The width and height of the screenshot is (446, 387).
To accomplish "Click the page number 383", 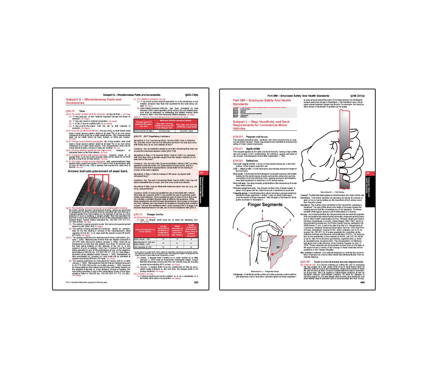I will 196,283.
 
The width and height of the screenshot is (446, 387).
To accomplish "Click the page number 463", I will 362,283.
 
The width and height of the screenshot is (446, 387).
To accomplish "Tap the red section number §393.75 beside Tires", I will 70,111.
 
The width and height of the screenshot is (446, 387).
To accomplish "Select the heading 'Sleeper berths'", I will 155,214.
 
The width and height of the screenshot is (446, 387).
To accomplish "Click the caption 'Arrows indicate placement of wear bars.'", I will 98,171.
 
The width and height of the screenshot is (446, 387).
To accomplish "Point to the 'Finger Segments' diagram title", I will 265,205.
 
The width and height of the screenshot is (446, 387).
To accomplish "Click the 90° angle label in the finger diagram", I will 278,248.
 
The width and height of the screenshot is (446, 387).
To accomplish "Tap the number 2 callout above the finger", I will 262,211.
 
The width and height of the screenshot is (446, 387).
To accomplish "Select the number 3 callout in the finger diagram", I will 237,229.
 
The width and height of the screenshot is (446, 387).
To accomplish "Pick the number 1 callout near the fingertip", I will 290,221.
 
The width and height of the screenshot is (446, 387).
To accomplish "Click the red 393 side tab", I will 201,173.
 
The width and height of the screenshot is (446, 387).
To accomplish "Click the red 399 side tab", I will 368,173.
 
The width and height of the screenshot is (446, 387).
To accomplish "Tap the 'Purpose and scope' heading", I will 257,137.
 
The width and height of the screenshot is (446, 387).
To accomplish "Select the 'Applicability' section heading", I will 253,148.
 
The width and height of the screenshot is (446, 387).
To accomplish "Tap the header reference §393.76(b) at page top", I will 191,95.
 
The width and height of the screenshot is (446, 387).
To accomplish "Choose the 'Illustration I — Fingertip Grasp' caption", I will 264,271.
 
